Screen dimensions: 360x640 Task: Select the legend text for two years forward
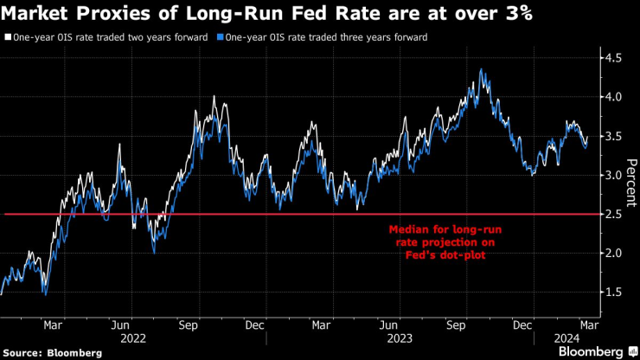tap(112, 38)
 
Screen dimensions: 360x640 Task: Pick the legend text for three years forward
tap(326, 38)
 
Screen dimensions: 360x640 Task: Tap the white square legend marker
tap(7, 38)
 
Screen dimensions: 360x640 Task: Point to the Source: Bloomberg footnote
tap(52, 352)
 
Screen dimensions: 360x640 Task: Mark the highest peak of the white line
tap(481, 70)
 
